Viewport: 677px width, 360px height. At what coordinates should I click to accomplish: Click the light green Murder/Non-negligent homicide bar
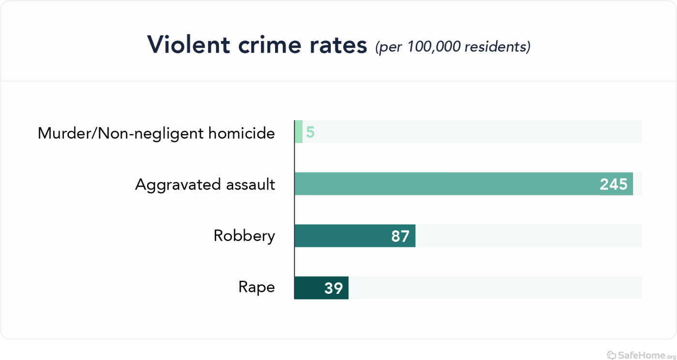click(299, 131)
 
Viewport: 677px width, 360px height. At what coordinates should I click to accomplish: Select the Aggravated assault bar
click(445, 184)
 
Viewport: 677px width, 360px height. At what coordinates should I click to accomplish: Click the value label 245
click(613, 184)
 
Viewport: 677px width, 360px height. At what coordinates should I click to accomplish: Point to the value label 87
click(400, 236)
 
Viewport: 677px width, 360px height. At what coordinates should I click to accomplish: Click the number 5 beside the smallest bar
click(310, 132)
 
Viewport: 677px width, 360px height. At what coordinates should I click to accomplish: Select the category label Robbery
click(244, 236)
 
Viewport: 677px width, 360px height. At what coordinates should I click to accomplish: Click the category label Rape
click(256, 288)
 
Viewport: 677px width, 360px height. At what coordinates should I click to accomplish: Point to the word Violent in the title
click(189, 45)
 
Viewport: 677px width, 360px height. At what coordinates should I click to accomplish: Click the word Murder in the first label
click(65, 133)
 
